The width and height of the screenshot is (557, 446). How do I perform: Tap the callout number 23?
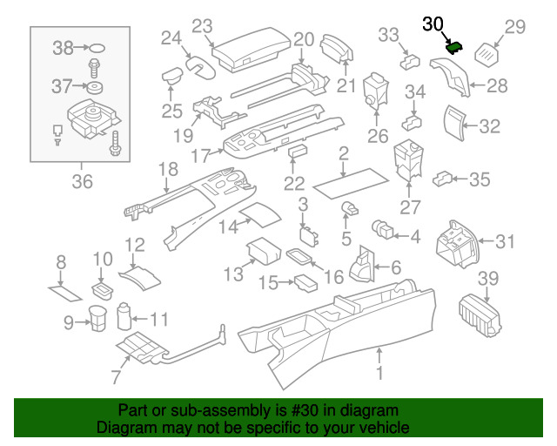point(202,26)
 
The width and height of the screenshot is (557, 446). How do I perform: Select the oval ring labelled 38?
point(98,49)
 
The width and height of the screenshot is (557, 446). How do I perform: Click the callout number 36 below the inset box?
point(81,181)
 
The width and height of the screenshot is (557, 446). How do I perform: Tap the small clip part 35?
point(443,179)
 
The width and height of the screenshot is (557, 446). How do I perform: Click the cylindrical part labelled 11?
point(124,314)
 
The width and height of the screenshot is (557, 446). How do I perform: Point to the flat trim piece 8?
point(64,291)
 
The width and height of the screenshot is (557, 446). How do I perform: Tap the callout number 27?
point(410,207)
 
